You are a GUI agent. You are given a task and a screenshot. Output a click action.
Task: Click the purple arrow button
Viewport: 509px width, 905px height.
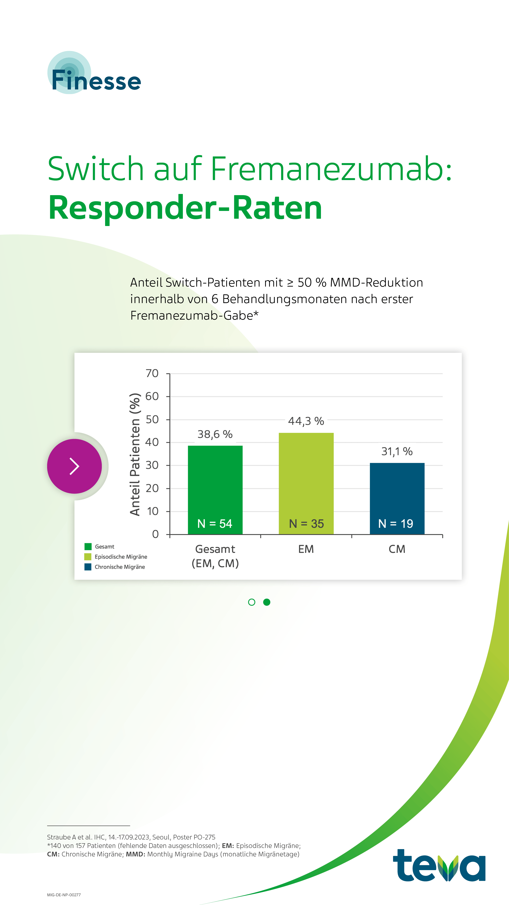(x=74, y=466)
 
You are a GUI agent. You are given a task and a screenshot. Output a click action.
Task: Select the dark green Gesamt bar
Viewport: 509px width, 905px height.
(x=215, y=485)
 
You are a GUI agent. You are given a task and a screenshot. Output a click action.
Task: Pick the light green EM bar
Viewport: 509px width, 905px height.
(x=306, y=478)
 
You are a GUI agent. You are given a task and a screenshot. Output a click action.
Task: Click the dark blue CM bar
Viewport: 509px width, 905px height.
(x=397, y=492)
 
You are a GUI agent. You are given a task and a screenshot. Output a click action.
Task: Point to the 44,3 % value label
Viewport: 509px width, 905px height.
(x=306, y=421)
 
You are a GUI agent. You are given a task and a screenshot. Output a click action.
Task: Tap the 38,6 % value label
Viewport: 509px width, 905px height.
(x=215, y=434)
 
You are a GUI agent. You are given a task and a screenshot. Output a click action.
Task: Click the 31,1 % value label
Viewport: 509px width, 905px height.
(x=397, y=452)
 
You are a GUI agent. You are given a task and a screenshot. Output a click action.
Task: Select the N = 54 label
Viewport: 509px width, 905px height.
(x=215, y=523)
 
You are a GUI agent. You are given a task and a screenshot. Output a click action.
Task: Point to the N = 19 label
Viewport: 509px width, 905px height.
(x=396, y=523)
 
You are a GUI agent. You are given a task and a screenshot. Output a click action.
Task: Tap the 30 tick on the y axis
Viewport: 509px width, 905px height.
(x=152, y=465)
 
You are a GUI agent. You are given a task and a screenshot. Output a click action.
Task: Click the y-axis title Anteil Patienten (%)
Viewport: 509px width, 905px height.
(x=135, y=454)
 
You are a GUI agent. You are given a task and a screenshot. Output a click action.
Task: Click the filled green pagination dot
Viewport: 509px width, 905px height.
(x=267, y=602)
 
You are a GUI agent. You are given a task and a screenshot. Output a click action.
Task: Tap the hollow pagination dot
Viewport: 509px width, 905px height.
(x=251, y=602)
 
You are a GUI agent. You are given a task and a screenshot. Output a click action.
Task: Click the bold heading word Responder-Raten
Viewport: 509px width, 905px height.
(x=185, y=208)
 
